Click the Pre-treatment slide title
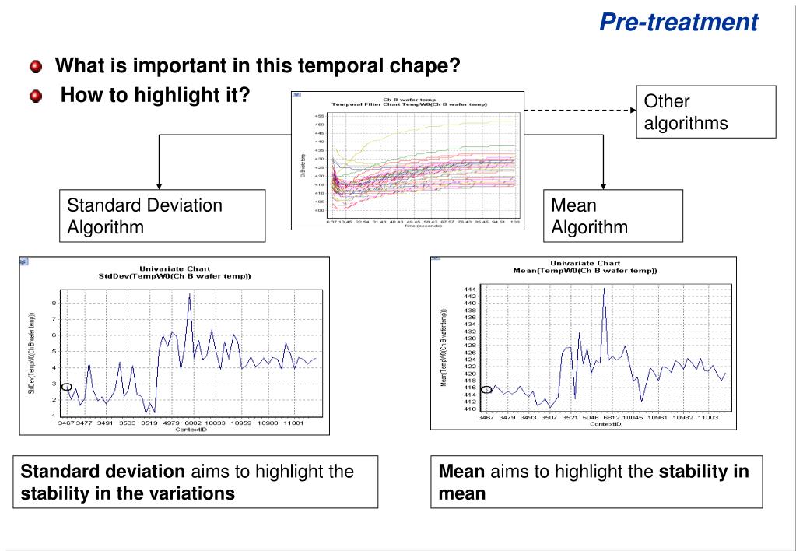(679, 22)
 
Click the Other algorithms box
(706, 112)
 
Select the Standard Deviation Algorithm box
(162, 216)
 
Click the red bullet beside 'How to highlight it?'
(36, 97)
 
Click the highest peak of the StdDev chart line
(189, 295)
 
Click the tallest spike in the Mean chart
(604, 289)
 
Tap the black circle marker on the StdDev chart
(67, 387)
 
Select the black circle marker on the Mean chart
(486, 390)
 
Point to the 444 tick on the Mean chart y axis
(469, 289)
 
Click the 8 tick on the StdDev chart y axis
(54, 303)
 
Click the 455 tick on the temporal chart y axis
(320, 116)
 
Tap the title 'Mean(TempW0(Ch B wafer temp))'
(585, 271)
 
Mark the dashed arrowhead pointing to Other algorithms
(632, 110)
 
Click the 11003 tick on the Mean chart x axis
(709, 417)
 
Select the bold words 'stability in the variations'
(128, 493)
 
